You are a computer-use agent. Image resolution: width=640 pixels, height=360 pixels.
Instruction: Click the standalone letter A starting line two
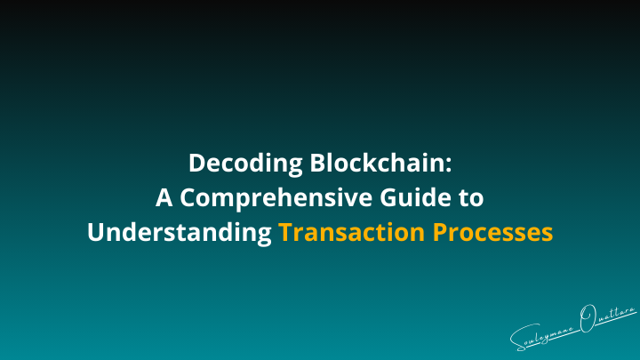tap(165, 198)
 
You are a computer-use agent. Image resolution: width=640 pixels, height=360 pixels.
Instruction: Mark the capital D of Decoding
tap(196, 164)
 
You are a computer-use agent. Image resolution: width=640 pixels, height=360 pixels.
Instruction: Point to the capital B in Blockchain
tap(316, 164)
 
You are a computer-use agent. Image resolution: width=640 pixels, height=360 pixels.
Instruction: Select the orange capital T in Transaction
tap(284, 232)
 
